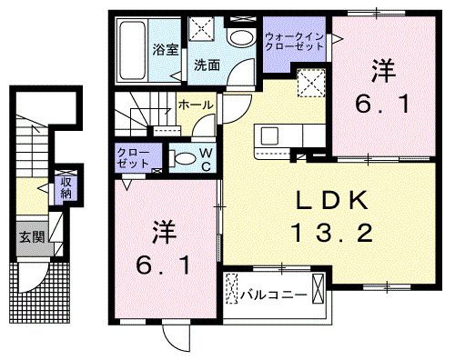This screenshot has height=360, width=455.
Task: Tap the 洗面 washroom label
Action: click(207, 65)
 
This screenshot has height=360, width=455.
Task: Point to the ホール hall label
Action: click(196, 105)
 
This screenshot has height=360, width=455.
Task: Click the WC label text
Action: click(207, 160)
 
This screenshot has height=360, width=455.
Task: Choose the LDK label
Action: click(330, 200)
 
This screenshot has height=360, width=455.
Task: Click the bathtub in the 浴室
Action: click(133, 50)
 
